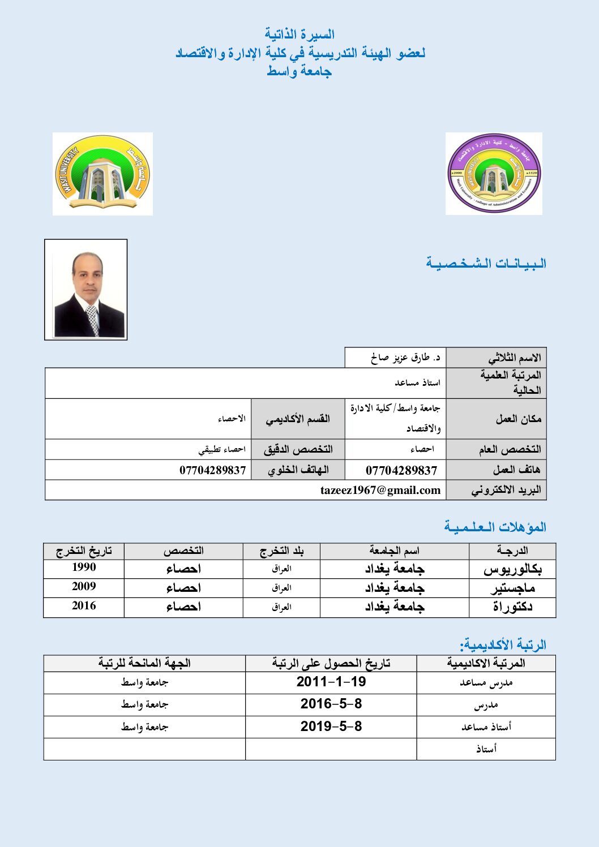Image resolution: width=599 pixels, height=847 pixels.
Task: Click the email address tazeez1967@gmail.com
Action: (x=380, y=490)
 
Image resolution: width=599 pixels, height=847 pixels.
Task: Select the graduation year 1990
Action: (x=84, y=567)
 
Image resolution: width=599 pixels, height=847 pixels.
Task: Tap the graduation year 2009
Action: (x=84, y=587)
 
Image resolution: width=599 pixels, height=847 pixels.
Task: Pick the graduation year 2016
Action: (x=84, y=606)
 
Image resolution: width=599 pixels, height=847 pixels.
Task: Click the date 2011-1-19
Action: (x=331, y=682)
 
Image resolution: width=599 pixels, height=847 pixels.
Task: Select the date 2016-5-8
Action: (x=331, y=704)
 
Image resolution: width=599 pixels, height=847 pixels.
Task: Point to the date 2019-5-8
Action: (x=331, y=726)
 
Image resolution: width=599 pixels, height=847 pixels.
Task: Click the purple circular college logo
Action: (x=494, y=174)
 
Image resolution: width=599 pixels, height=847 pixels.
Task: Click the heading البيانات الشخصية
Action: (x=486, y=263)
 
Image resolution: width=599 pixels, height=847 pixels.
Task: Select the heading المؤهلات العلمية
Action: (x=495, y=527)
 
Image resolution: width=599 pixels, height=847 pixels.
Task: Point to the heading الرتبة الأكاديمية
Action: (x=503, y=644)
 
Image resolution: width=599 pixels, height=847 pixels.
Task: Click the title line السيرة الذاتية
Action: (x=299, y=35)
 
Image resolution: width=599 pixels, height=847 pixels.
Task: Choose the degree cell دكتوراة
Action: (x=512, y=607)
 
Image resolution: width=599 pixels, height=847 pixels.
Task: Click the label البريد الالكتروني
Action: (x=506, y=490)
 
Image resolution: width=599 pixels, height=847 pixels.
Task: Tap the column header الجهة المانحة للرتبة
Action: (x=144, y=663)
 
